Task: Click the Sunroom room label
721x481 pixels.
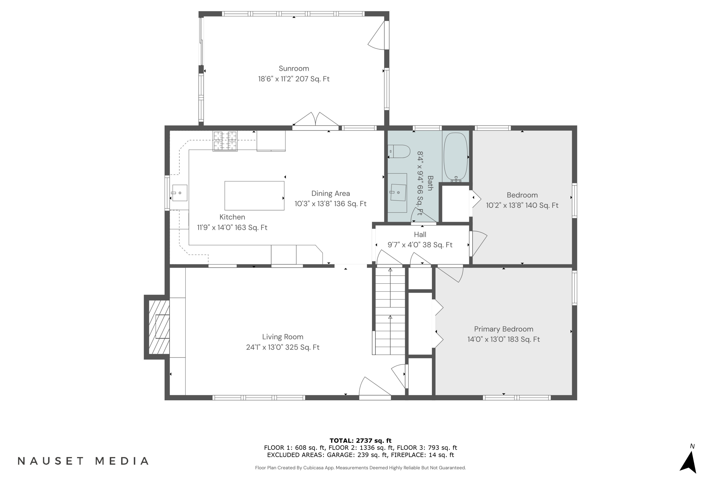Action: (294, 68)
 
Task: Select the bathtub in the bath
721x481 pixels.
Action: (455, 157)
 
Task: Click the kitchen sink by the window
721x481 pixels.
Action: (180, 193)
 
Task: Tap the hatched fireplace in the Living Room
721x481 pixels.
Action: (159, 327)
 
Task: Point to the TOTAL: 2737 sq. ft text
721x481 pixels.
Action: (360, 441)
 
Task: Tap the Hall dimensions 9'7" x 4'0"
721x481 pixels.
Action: (420, 245)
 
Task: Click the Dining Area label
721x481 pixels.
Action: (330, 193)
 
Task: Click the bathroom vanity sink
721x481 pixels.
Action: (398, 192)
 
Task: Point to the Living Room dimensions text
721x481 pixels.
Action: (283, 347)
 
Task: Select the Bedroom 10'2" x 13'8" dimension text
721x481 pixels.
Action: (522, 205)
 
